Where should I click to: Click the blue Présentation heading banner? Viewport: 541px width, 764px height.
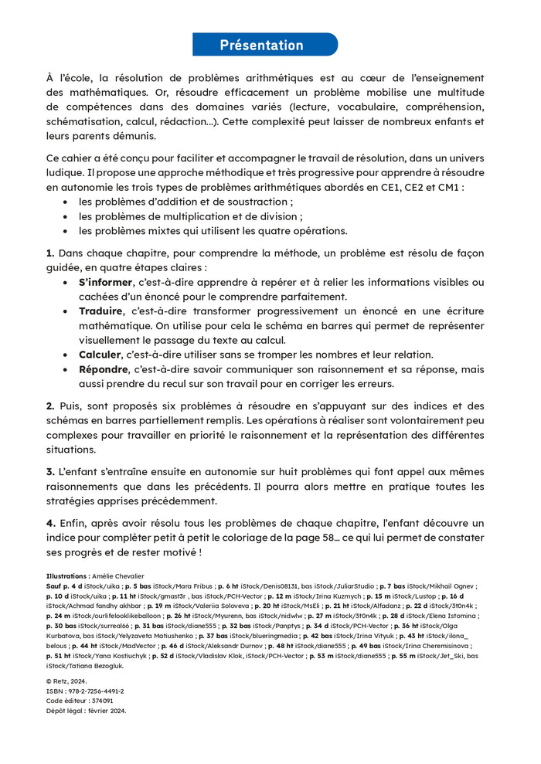[x=264, y=45]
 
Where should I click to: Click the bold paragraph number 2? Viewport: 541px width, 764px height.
[x=50, y=406]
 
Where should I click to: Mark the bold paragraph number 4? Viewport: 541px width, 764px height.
[x=50, y=523]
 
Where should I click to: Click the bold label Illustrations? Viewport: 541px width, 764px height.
[x=67, y=576]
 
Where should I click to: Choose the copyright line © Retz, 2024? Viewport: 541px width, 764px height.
[x=70, y=681]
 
